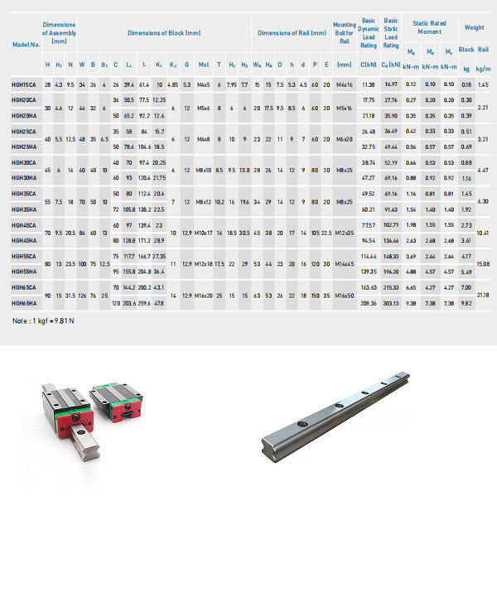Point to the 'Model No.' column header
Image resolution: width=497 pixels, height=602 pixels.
[x=26, y=44]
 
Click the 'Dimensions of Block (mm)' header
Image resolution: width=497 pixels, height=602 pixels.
[x=163, y=32]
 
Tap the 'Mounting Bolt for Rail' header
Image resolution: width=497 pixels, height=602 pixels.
[x=345, y=33]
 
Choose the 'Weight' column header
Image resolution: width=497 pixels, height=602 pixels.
[x=475, y=27]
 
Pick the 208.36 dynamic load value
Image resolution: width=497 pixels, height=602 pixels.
[x=369, y=303]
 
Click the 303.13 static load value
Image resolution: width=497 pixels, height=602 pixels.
[x=391, y=303]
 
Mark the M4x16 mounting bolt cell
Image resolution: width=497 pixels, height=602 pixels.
[x=345, y=85]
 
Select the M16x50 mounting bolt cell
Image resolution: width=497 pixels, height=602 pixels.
[x=345, y=295]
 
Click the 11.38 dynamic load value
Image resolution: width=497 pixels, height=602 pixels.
[x=369, y=85]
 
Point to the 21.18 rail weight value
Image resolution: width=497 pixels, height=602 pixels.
[x=483, y=295]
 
